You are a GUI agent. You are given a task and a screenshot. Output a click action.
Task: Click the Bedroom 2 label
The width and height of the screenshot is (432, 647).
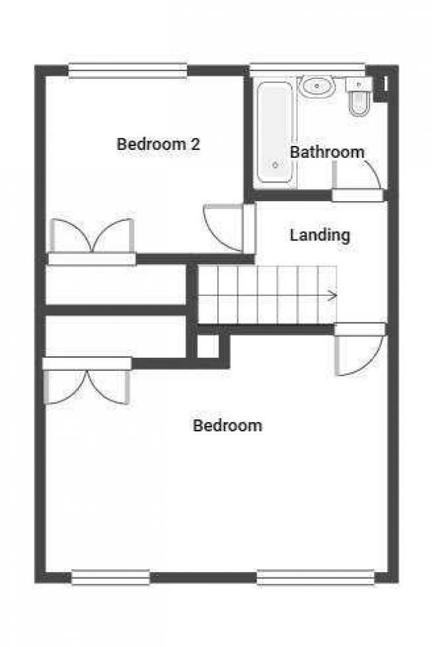point(158,144)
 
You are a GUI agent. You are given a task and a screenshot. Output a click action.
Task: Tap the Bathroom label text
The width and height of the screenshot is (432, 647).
point(327,152)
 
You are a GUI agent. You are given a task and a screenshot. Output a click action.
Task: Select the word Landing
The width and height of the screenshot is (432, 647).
point(320,235)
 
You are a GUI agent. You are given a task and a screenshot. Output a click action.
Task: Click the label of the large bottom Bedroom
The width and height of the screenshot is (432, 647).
point(227,425)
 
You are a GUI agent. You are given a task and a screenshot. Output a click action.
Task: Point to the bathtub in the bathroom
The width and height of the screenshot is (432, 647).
point(275,132)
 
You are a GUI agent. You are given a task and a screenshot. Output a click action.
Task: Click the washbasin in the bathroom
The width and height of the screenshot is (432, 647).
point(317,86)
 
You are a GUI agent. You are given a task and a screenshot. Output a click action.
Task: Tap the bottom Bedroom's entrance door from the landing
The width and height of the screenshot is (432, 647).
point(359,352)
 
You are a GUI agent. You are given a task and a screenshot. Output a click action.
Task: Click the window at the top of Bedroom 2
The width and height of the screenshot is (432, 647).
point(128,70)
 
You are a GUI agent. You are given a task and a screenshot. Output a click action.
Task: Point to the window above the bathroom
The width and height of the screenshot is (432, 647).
point(307,68)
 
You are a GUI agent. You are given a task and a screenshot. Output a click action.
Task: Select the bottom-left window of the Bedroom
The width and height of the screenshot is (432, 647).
point(110,577)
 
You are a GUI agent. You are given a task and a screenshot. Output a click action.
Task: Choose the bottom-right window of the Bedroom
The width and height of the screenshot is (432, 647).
point(315,577)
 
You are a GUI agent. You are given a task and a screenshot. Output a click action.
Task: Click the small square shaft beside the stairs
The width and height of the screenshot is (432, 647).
point(207,346)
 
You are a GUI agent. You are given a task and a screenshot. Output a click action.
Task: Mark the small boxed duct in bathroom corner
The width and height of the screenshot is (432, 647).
point(383,85)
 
